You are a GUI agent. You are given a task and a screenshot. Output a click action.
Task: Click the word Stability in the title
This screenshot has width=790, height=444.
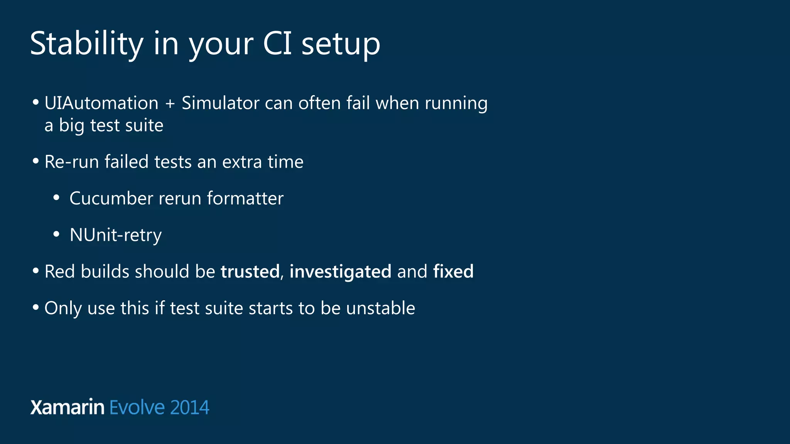click(x=87, y=44)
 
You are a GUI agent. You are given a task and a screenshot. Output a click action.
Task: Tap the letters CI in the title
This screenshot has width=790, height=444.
click(x=277, y=43)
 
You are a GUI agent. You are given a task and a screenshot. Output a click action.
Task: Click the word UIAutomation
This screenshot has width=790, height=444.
click(x=101, y=103)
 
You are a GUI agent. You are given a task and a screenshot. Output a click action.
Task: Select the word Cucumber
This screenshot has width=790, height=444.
click(x=111, y=198)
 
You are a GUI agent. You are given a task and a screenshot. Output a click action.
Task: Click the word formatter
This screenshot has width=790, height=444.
click(x=245, y=198)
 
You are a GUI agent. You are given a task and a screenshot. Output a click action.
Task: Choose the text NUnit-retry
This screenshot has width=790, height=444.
click(x=115, y=235)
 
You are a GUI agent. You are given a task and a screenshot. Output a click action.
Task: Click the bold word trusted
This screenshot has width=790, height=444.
click(x=250, y=271)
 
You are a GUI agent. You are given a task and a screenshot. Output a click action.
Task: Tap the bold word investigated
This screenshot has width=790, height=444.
click(x=340, y=272)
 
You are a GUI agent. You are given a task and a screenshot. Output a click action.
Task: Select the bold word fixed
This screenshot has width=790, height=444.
click(x=453, y=271)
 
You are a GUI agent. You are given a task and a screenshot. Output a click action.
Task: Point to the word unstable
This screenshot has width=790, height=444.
click(x=380, y=308)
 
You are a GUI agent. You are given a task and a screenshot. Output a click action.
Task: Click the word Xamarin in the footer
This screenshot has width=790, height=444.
click(x=67, y=407)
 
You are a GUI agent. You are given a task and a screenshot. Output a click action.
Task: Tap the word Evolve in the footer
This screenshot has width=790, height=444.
click(x=137, y=407)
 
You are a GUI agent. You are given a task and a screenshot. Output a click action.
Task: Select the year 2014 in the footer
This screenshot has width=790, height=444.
click(x=189, y=407)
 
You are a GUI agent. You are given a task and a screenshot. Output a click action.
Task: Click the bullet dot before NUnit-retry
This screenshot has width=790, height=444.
click(x=56, y=234)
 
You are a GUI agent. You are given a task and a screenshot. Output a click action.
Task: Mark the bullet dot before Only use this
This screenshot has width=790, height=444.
click(x=36, y=308)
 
